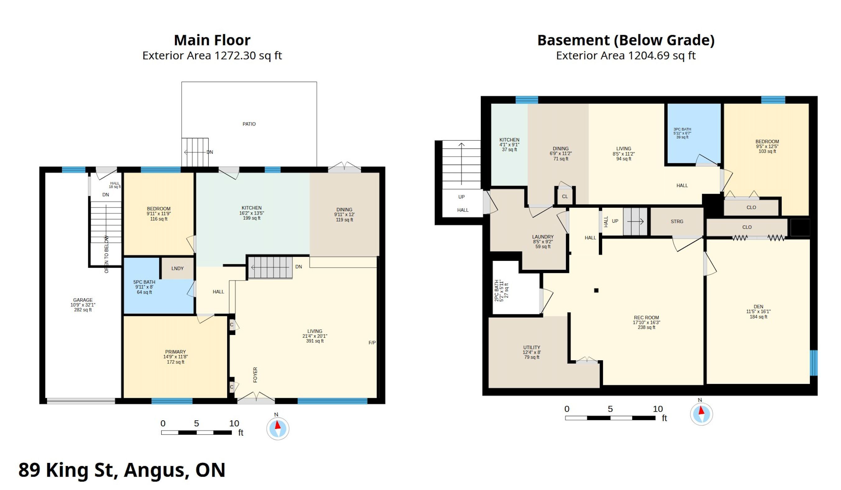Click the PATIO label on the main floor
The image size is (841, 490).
[x=249, y=124]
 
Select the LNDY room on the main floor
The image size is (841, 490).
[x=177, y=268]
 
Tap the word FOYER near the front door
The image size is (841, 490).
[x=255, y=375]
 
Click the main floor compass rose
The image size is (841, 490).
[x=278, y=428]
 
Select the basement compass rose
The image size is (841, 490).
[x=701, y=414]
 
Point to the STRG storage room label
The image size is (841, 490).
[x=677, y=222]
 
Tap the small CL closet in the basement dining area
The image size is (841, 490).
[x=565, y=196]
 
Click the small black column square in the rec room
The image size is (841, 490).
[x=596, y=290]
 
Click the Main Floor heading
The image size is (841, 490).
[x=212, y=40]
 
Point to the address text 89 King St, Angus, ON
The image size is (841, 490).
[x=122, y=470]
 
